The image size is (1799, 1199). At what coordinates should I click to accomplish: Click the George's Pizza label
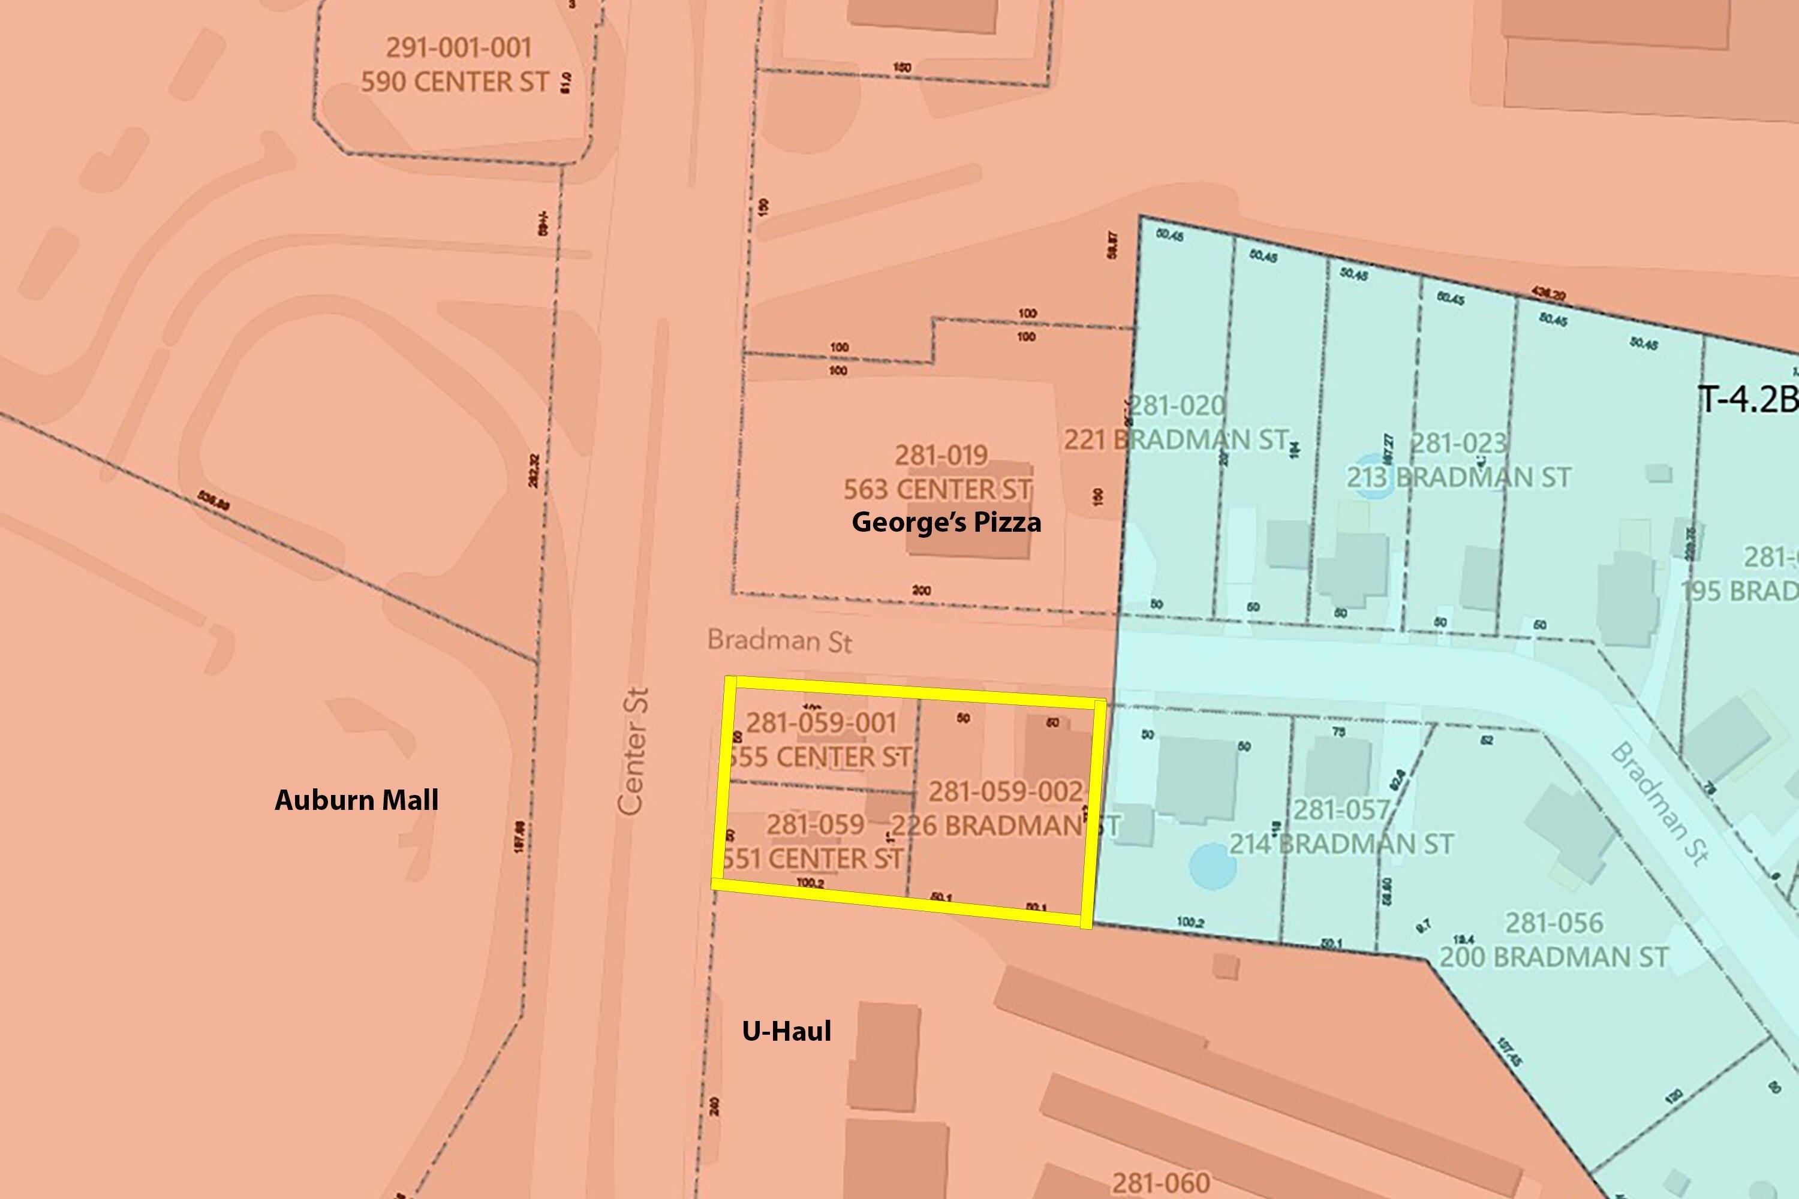(946, 522)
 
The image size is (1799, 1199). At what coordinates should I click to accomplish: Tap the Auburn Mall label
(356, 800)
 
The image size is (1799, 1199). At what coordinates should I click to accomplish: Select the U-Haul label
(786, 1031)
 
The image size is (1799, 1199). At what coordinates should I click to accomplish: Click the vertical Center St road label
(633, 751)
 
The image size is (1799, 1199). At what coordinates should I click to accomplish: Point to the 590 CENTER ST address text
(455, 81)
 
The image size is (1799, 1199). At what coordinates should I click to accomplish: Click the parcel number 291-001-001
(458, 47)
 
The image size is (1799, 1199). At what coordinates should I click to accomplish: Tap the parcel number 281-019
(941, 456)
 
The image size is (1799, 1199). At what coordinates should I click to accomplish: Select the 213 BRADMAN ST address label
(1458, 477)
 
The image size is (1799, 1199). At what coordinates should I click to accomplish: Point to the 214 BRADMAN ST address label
(1341, 844)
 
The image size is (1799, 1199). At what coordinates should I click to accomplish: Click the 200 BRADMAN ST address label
(1554, 957)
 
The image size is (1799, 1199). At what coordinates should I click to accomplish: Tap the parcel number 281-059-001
(821, 722)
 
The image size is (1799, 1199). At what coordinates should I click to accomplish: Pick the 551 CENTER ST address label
(813, 858)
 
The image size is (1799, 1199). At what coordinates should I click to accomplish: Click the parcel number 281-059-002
(1007, 791)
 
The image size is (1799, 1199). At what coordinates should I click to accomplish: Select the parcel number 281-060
(1161, 1183)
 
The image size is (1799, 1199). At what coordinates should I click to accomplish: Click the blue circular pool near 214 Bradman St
(1213, 866)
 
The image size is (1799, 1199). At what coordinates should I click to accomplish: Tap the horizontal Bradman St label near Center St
(780, 641)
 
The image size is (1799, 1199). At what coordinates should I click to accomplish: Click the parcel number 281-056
(1554, 923)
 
